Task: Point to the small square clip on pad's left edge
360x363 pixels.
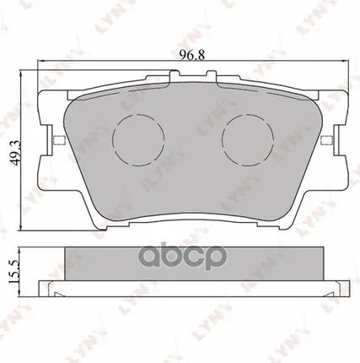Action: pos(55,140)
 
